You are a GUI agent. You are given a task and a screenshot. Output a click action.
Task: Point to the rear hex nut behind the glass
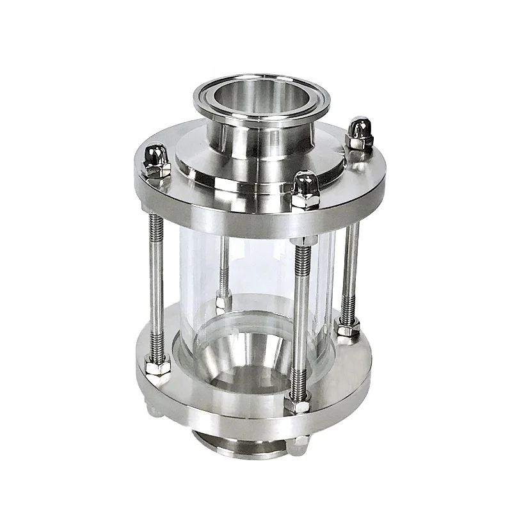(223, 301)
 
